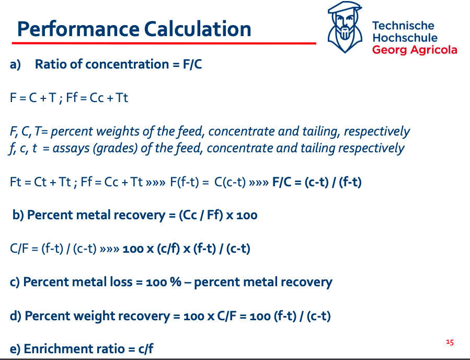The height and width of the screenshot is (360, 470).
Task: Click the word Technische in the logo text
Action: (403, 26)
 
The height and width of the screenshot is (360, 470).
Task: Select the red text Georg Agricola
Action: (414, 50)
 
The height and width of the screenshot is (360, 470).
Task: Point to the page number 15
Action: (450, 342)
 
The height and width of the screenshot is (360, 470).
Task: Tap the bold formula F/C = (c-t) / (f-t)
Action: (317, 182)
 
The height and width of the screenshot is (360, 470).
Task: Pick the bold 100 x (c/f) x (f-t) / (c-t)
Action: (186, 249)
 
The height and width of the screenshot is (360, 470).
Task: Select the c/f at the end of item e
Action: (146, 349)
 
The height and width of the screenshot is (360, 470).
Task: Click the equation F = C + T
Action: (35, 98)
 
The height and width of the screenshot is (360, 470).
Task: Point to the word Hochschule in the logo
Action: (405, 38)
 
